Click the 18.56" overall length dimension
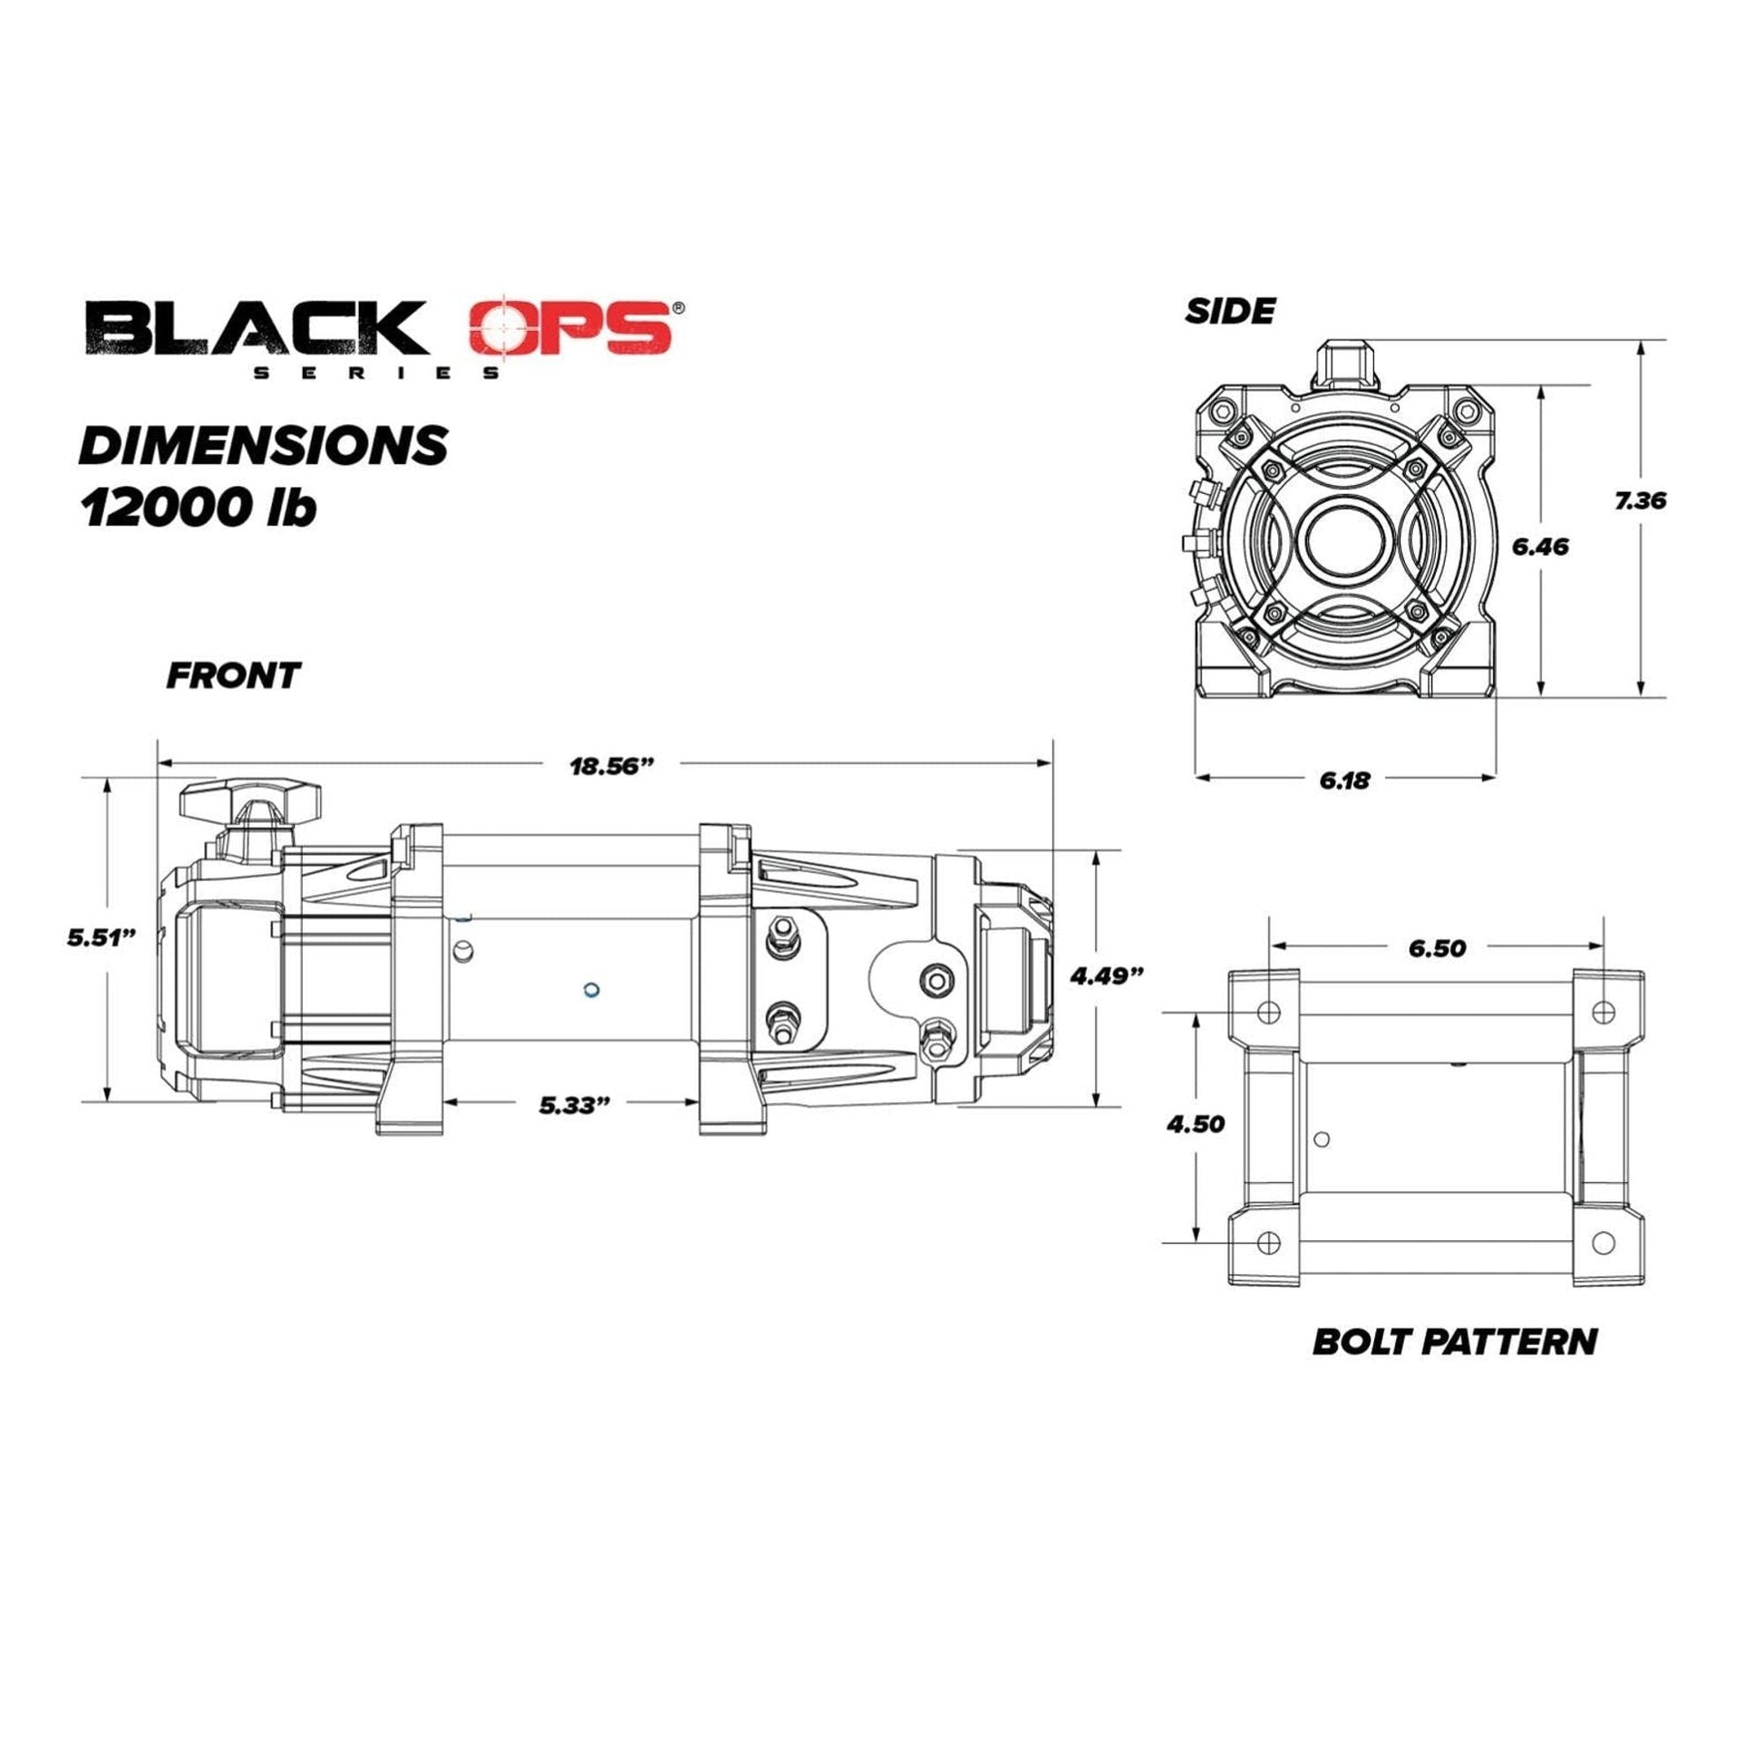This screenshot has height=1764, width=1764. [613, 765]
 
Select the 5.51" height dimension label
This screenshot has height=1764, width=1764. [102, 937]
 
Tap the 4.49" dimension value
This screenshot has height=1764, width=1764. [1107, 976]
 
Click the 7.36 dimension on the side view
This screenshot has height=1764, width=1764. [1640, 500]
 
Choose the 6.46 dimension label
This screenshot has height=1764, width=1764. [1540, 547]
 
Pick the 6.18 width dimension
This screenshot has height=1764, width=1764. [1344, 780]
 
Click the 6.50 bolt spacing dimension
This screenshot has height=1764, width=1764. [1436, 949]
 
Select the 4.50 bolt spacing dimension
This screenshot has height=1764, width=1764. [1195, 1124]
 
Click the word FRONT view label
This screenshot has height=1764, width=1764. [233, 676]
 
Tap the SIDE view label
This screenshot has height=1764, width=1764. [1229, 312]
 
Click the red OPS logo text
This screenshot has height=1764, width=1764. [572, 329]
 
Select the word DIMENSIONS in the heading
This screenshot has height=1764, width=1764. [264, 446]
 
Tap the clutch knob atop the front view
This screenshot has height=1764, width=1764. [251, 800]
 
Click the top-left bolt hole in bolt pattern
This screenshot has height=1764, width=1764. [1268, 1012]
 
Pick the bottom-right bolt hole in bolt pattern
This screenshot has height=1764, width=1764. [1604, 1242]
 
